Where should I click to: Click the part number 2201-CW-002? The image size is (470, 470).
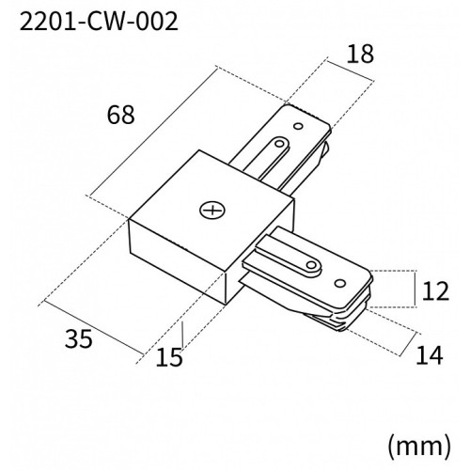pos(91,21)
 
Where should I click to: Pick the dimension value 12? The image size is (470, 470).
pos(435,291)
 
